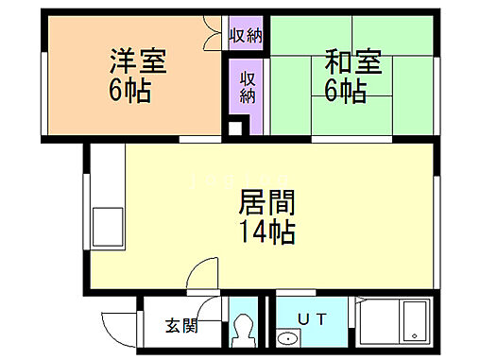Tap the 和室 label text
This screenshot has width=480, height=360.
(352, 62)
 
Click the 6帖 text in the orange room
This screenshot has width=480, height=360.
(130, 93)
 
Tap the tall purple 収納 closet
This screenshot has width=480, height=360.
(248, 87)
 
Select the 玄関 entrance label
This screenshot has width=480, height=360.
(182, 327)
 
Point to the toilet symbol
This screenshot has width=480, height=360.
(244, 330)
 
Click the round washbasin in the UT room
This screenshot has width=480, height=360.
(284, 338)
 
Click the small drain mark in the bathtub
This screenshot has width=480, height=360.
(413, 334)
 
